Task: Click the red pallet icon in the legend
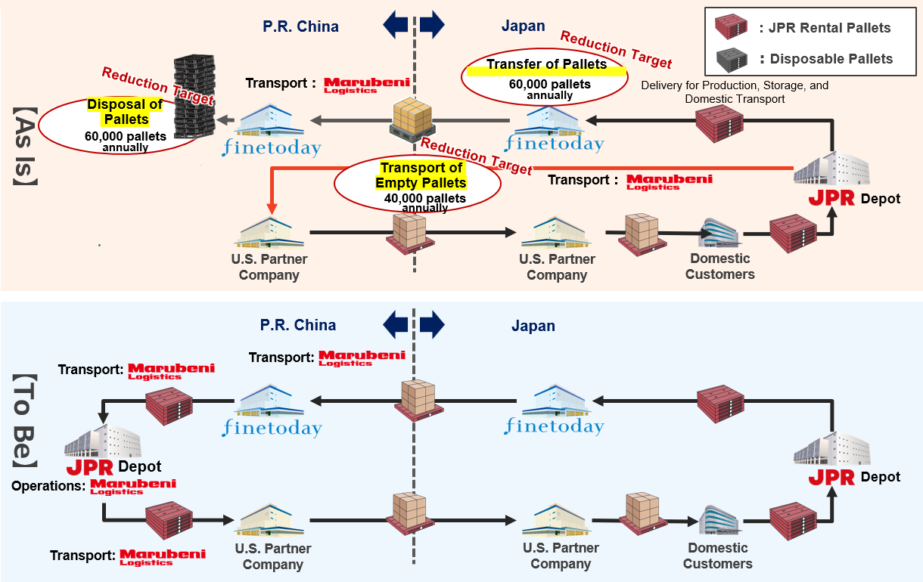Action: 730,28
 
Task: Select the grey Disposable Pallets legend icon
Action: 730,58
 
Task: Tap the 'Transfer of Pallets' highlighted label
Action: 546,65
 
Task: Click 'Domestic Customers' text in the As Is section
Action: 719,266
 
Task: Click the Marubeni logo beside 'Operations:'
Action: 132,487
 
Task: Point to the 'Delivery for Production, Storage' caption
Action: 734,92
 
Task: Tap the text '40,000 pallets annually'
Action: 424,203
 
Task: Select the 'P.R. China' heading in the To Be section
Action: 298,326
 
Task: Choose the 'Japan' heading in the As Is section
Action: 523,26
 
